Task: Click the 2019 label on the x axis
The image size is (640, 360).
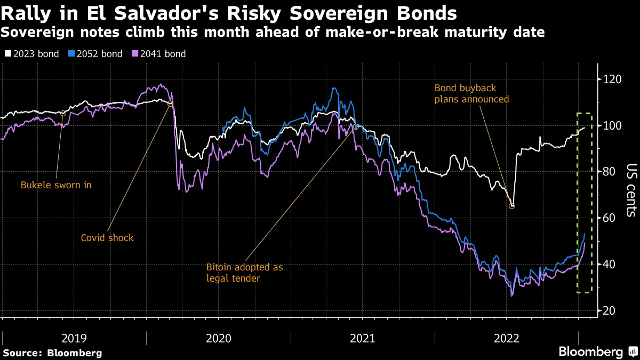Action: [74, 338]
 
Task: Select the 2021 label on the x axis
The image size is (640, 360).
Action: [363, 338]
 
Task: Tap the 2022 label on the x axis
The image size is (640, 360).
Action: [507, 338]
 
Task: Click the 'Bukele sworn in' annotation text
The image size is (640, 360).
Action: [56, 185]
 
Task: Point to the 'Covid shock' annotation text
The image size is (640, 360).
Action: [107, 238]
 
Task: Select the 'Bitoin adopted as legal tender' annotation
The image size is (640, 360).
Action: [244, 272]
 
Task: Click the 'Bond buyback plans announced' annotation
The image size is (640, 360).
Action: [471, 93]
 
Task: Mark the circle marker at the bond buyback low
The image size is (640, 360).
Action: [512, 206]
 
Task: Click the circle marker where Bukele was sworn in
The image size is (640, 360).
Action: [63, 113]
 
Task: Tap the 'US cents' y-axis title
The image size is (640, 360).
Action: [630, 190]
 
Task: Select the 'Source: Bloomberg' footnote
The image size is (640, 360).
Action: [52, 353]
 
